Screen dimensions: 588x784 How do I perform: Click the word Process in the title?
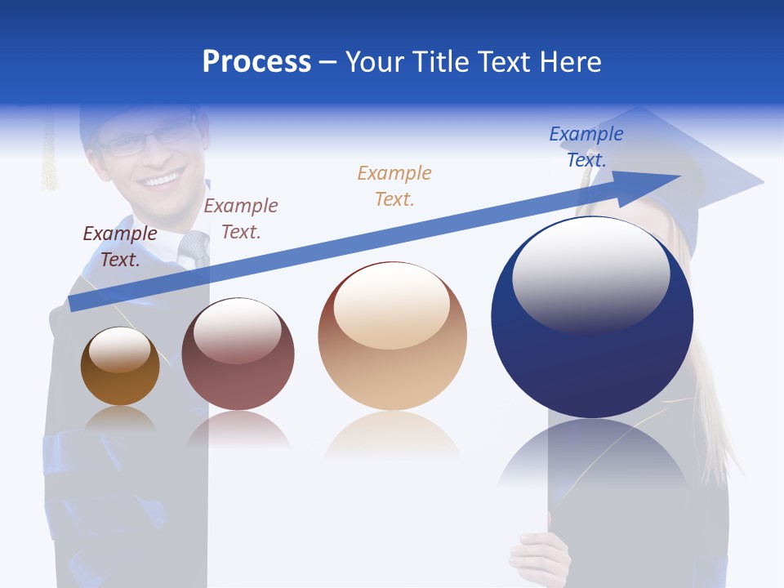[x=256, y=62]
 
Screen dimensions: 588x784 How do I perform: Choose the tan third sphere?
[x=392, y=336]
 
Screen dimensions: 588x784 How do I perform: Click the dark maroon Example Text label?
[x=120, y=247]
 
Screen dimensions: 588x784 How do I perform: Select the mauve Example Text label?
[x=241, y=218]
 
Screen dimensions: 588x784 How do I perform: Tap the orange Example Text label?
[x=394, y=185]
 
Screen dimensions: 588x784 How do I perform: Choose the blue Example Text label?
[x=586, y=146]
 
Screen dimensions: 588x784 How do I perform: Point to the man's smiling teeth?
[x=161, y=179]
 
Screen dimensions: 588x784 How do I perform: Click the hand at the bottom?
[x=541, y=559]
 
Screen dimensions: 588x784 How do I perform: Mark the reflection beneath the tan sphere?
[x=392, y=437]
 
